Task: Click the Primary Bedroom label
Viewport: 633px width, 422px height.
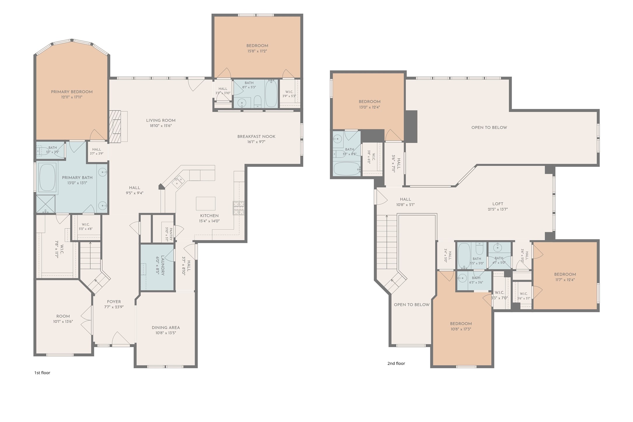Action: [x=72, y=92]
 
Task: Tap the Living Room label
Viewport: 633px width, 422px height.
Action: [x=161, y=120]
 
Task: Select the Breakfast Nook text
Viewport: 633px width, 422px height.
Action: [x=256, y=137]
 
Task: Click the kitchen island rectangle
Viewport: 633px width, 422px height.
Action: [x=206, y=203]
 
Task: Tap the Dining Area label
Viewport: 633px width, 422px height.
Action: [x=166, y=328]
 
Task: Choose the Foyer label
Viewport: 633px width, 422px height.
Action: [x=114, y=302]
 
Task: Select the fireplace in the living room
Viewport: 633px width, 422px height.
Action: [x=118, y=126]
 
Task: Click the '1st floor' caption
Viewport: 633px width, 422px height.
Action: [x=42, y=373]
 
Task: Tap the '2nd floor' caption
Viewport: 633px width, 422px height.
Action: [x=396, y=363]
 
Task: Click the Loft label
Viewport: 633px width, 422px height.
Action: [x=498, y=204]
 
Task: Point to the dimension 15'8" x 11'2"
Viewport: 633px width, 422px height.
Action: [x=257, y=51]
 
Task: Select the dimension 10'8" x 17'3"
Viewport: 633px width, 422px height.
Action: [x=461, y=329]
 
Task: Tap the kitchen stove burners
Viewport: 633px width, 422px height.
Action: [x=238, y=208]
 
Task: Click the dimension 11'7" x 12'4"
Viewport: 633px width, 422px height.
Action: [x=565, y=280]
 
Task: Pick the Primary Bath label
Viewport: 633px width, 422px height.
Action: [x=77, y=178]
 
